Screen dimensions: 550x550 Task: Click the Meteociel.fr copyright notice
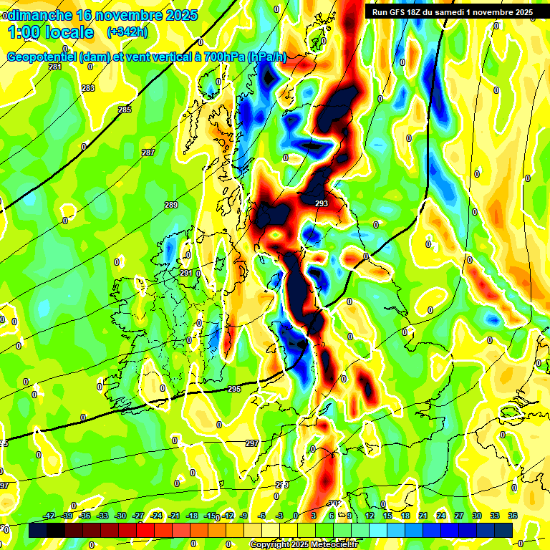(304, 544)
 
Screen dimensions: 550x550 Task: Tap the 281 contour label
(55, 67)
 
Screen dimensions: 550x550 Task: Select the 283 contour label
(88, 88)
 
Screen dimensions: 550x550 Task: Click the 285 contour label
(125, 110)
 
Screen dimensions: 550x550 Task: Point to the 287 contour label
(148, 153)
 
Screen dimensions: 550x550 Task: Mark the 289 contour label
(171, 205)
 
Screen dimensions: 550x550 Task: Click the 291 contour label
(185, 273)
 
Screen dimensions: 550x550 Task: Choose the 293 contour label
(322, 203)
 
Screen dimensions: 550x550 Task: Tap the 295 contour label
(234, 389)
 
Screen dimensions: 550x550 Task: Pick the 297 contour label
(252, 443)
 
